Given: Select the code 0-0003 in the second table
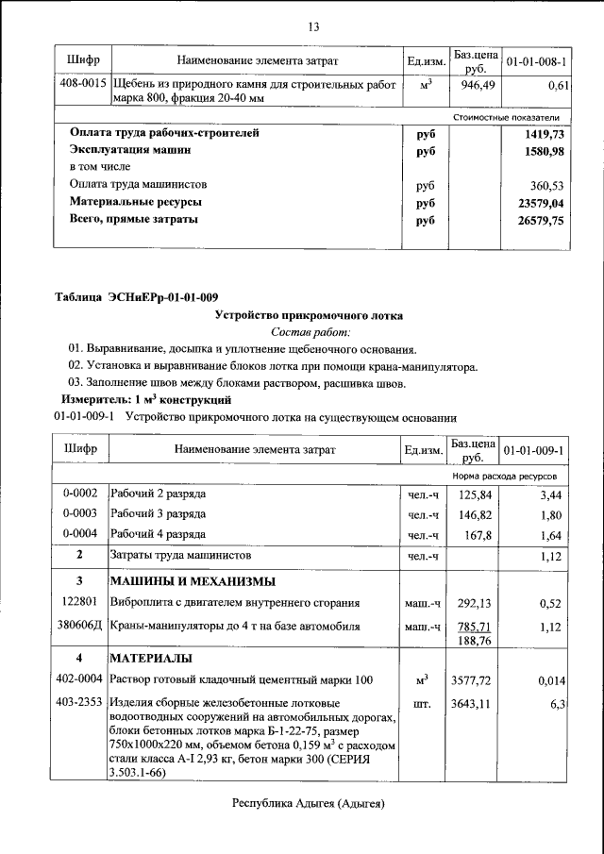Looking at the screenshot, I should click(x=80, y=513).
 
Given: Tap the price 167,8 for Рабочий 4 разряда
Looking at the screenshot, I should click(x=475, y=534).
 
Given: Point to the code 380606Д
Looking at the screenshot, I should click(x=80, y=626).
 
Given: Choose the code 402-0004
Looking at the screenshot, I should click(x=80, y=679).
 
